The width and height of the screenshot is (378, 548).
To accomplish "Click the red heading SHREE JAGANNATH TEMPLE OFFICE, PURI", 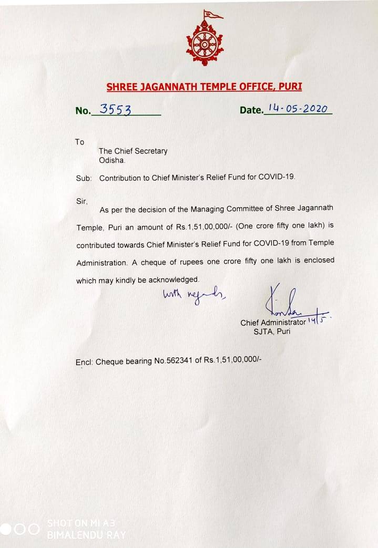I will pos(204,87).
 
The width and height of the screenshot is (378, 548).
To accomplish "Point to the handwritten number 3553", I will pos(115,109).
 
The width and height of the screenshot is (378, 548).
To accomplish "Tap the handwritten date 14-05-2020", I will pos(298,108).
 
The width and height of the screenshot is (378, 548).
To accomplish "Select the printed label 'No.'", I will pos(83,110).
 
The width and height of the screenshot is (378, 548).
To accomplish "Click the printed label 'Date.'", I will pos(251,110).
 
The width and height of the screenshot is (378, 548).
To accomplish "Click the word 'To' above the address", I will pos(79,142).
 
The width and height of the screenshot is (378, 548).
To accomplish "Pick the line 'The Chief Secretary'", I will pos(133,151).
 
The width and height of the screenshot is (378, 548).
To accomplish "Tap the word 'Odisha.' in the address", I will pos(112,160).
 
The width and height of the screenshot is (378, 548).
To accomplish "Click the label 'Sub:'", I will pos(84,178).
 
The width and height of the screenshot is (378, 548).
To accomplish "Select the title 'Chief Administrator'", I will pos(273,323).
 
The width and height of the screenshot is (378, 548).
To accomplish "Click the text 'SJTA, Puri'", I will pos(272,332).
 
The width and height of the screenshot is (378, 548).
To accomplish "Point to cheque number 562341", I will pos(185,361).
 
